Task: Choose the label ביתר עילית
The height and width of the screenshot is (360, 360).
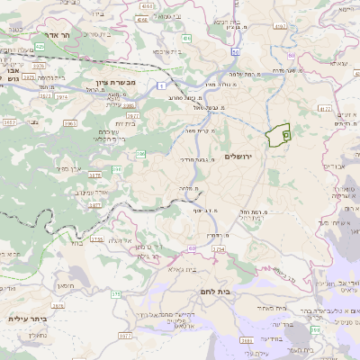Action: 27,318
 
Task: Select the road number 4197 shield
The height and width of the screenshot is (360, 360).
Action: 280,27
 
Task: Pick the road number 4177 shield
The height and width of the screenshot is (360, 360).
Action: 325,108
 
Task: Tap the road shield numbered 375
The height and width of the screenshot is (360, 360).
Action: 115,293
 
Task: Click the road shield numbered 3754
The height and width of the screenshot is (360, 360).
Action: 216,247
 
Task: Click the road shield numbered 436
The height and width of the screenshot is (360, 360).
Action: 185,39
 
